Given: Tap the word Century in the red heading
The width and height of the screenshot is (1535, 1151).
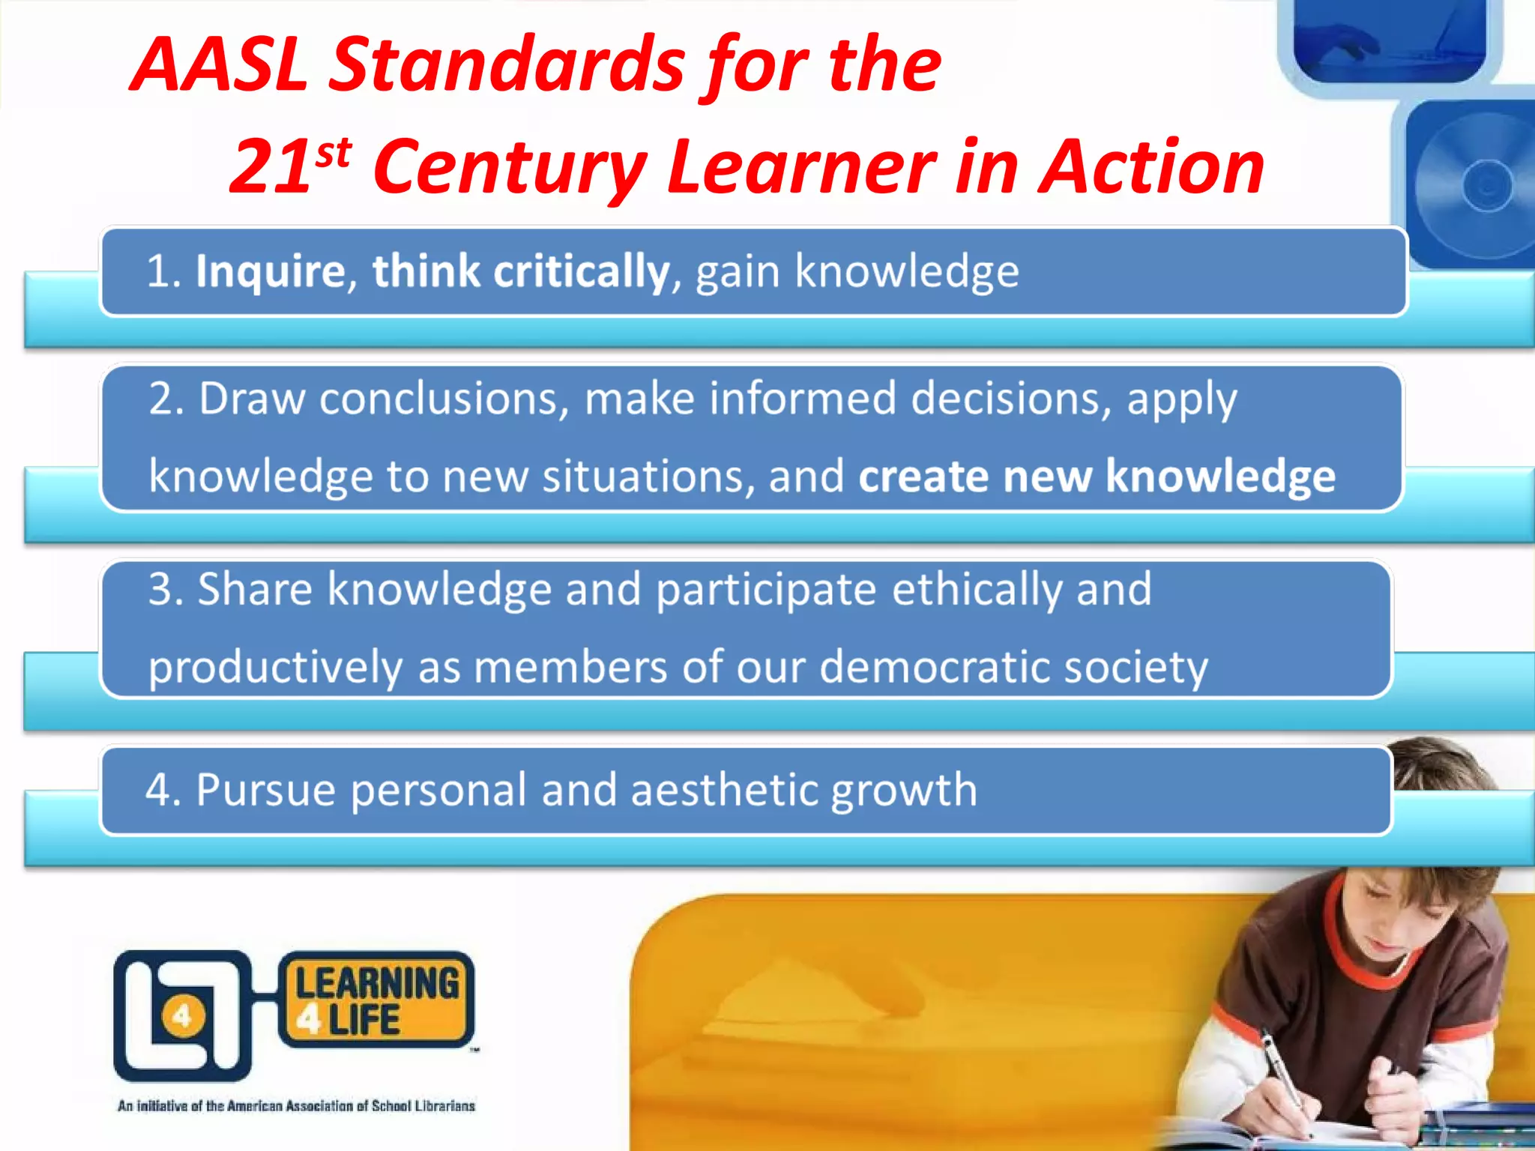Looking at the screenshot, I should coord(510,168).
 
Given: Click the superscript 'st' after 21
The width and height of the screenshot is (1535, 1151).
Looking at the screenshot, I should coord(333,154).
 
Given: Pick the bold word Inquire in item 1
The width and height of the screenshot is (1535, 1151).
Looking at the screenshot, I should coord(270,271).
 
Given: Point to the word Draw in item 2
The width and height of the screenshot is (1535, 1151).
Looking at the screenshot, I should coord(251,399).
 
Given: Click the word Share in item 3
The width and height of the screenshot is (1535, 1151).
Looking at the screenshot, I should coord(255,590).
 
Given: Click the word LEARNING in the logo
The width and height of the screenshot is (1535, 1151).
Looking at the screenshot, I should coord(377,983).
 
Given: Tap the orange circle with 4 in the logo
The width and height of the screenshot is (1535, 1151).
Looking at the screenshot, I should coord(181,1017).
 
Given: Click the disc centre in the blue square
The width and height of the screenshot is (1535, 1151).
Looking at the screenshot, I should coord(1487,185).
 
